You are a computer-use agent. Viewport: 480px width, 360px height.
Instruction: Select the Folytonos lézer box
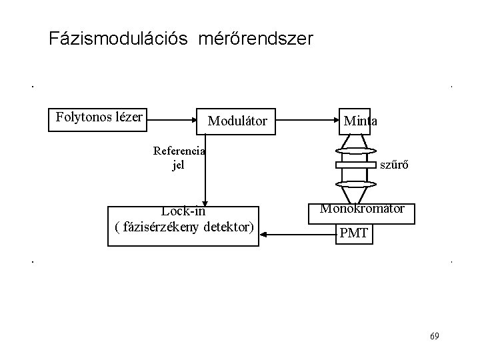pos(99,118)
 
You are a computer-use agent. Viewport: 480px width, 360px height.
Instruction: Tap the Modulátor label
pos(237,121)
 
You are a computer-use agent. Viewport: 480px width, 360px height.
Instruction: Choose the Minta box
pos(360,121)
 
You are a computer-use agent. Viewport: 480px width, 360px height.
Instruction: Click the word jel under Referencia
pos(178,165)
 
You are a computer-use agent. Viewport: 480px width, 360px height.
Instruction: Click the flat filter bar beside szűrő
pos(356,165)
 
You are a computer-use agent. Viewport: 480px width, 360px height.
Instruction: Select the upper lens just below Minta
pos(357,151)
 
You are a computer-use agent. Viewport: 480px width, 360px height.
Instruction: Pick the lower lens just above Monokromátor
pos(357,183)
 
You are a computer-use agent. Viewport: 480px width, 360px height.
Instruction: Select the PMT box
pos(353,234)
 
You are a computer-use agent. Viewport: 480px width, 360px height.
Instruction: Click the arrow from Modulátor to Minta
pos(306,121)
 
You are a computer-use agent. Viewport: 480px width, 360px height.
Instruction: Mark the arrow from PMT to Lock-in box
pos(297,234)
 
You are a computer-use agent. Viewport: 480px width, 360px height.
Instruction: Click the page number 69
pos(435,335)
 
